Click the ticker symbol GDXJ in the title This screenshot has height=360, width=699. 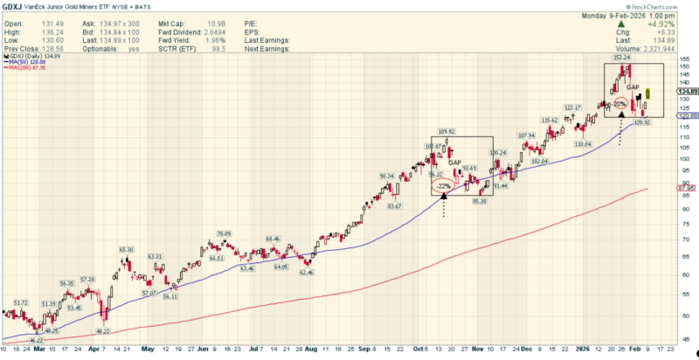[12, 5]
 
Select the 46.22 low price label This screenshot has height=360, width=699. [36, 340]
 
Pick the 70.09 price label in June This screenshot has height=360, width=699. [224, 233]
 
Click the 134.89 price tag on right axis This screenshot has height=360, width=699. [689, 90]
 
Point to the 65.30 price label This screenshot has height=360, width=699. [126, 250]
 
